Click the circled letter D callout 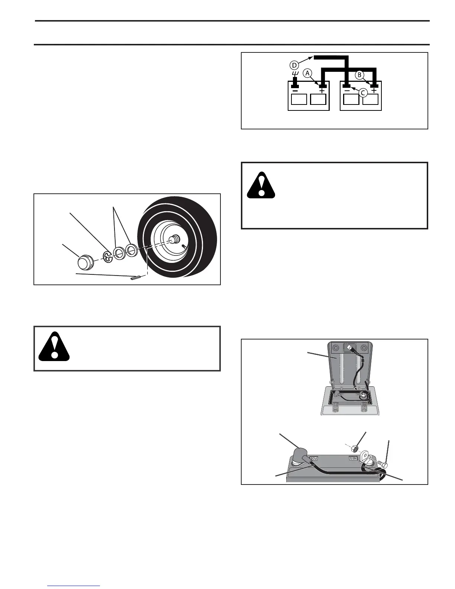click(x=294, y=65)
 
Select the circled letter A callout click(x=307, y=73)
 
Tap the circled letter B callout click(x=359, y=75)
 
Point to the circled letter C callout click(x=364, y=93)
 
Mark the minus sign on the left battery click(x=295, y=90)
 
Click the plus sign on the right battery click(x=374, y=90)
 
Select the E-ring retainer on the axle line click(x=107, y=257)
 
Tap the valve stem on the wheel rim click(x=184, y=246)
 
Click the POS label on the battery click(x=314, y=458)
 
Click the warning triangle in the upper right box click(x=261, y=185)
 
